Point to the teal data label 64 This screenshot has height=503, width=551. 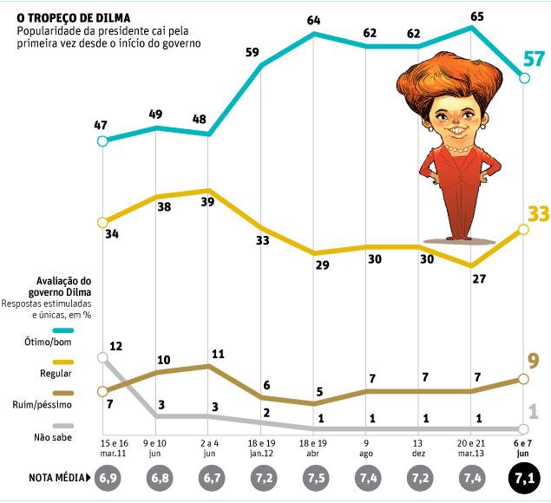(314, 18)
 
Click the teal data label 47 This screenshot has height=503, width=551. (102, 126)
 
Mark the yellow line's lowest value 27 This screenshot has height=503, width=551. (476, 280)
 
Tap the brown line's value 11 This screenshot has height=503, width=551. (218, 354)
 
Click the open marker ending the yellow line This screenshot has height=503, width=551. (523, 229)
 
